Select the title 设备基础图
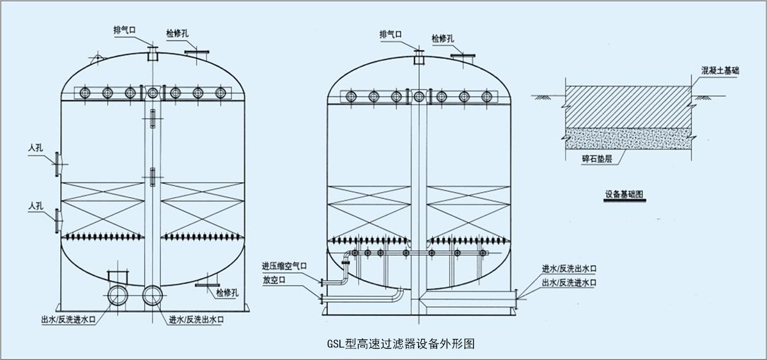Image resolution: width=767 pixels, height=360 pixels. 624,192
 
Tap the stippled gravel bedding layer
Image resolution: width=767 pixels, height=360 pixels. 626,137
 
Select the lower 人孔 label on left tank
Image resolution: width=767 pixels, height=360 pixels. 36,206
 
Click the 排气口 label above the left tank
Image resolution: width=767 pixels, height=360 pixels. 123,29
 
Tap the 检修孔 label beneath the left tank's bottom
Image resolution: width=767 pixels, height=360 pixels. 227,293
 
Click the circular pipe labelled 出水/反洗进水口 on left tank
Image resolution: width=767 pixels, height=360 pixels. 118,295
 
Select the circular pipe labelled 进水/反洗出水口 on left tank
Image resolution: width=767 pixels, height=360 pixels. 152,295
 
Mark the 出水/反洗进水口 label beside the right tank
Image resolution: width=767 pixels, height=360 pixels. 569,281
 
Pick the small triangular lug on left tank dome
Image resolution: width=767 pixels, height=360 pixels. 97,60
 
